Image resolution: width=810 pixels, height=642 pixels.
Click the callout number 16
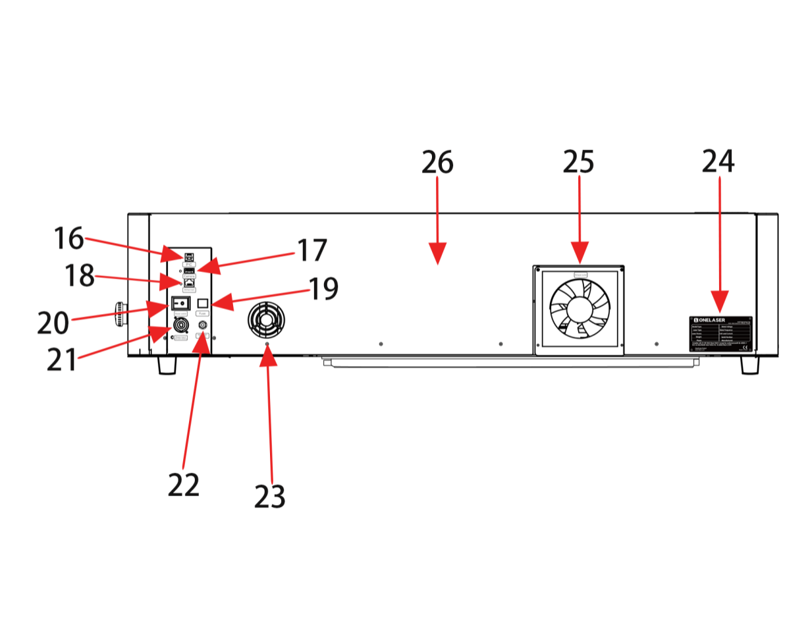tap(68, 238)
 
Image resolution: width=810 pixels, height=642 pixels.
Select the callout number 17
tap(312, 250)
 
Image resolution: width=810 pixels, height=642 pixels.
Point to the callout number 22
tap(184, 486)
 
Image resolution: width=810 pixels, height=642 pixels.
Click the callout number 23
tap(270, 496)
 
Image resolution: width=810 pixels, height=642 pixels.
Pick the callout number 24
tap(718, 161)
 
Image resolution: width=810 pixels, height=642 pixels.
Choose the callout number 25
tap(579, 162)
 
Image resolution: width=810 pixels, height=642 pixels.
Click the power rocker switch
tap(180, 303)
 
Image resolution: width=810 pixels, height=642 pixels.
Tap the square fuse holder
tap(203, 303)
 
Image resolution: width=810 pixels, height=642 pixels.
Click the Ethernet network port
tap(189, 282)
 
